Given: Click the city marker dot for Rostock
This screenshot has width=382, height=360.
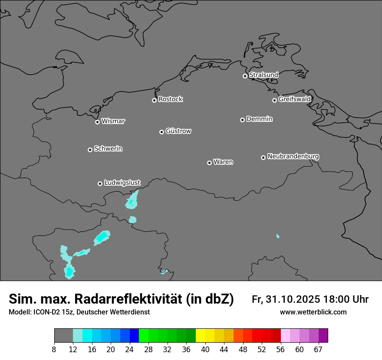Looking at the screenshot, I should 154,100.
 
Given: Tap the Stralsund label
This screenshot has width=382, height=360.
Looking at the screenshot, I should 263,75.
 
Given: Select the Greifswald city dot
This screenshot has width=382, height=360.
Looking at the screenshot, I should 274,100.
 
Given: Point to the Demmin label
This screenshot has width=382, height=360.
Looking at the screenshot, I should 259,119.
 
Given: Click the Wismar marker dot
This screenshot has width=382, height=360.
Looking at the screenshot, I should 97,122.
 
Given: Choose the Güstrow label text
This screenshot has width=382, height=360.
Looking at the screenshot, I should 178,131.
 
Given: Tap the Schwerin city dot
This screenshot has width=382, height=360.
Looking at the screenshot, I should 90,150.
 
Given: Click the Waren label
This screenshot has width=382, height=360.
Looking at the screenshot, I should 223,162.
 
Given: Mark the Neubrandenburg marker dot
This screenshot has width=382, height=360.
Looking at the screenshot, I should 263,157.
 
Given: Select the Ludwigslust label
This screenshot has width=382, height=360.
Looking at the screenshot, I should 122,183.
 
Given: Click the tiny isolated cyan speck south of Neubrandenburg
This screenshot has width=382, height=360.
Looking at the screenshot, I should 278,236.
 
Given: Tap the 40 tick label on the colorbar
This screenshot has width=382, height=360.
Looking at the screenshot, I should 205,350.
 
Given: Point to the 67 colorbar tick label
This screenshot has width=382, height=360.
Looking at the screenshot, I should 318,350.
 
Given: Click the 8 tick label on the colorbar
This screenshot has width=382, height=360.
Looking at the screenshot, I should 54,350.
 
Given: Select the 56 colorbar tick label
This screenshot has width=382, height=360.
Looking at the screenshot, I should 280,350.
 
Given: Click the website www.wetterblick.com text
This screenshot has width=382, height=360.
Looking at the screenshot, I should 313,312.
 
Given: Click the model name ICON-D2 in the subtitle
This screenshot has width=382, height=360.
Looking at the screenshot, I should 47,312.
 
